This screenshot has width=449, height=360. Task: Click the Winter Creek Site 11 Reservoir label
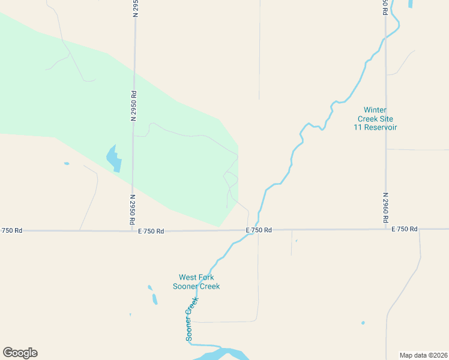380,118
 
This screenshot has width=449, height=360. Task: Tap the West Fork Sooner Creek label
196,282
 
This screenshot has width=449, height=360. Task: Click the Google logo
20,353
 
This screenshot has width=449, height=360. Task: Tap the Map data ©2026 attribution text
424,355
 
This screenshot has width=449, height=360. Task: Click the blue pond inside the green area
113,158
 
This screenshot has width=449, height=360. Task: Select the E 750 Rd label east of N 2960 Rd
404,229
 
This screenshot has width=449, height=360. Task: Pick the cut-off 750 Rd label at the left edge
11,230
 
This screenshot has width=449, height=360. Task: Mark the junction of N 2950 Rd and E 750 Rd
133,230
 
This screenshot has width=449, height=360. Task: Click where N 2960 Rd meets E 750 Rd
385,229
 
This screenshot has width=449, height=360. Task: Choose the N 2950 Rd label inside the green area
134,106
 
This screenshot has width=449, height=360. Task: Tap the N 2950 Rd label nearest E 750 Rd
132,209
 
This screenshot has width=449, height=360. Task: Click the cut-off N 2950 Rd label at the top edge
136,8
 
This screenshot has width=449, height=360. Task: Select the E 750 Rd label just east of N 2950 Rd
151,230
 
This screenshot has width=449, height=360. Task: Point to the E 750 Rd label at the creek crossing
259,230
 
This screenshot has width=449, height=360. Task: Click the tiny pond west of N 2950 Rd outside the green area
67,163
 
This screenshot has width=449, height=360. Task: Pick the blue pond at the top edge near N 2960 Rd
411,4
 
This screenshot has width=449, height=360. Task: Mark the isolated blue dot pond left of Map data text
363,323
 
